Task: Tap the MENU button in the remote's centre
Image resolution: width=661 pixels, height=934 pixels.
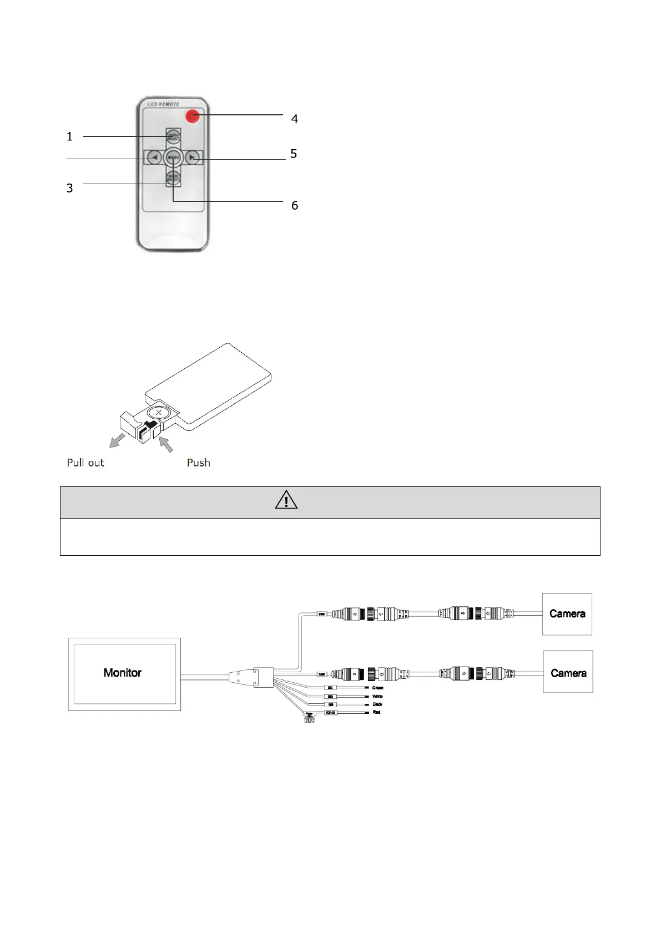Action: (173, 158)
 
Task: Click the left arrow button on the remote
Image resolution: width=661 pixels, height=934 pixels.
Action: (154, 158)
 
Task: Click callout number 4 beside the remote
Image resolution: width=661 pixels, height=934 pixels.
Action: (295, 119)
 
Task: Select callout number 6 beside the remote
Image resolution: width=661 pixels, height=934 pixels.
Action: (295, 205)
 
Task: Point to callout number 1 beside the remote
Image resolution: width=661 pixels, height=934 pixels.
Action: (69, 136)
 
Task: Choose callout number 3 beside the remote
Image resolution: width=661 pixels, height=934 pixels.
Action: (69, 188)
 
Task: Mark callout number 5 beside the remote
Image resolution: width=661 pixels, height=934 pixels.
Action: (294, 154)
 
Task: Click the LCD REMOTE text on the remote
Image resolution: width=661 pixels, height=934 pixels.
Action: (163, 104)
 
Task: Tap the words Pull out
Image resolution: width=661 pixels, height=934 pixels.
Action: (85, 463)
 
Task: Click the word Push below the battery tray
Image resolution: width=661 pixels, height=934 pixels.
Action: (198, 463)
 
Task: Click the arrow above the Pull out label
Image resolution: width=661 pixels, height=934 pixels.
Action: (118, 440)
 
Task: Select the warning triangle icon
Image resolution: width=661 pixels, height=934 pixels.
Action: (286, 500)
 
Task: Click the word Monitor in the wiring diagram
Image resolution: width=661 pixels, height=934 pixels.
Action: (123, 673)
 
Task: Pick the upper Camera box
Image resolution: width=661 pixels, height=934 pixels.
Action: (567, 614)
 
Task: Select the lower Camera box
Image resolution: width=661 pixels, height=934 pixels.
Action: (568, 672)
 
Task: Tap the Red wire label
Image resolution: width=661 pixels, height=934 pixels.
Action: (376, 712)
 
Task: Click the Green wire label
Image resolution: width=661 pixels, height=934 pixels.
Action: (377, 688)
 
